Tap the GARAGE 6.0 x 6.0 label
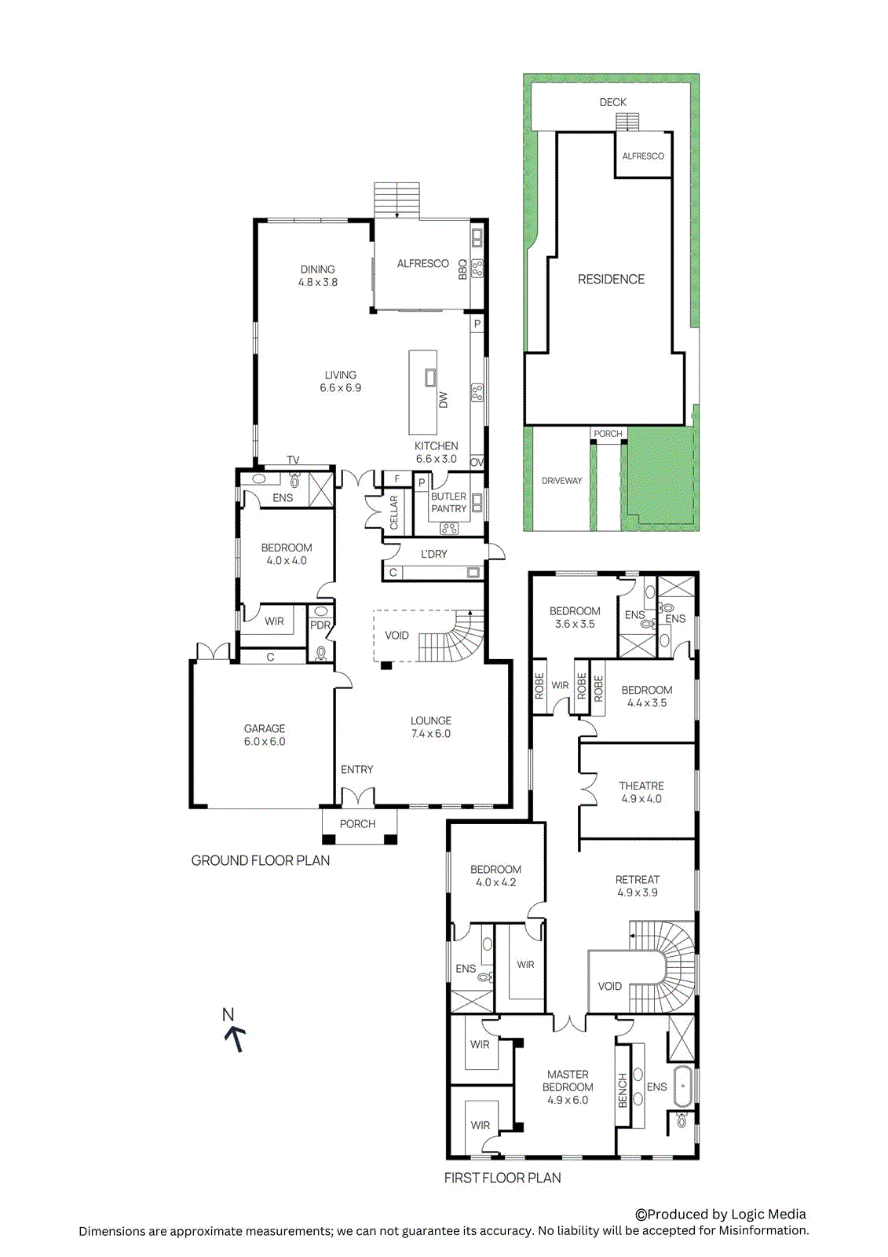coord(265,735)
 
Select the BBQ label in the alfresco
coord(462,269)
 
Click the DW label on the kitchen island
coord(443,399)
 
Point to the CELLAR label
coord(394,512)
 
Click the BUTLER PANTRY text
coord(448,503)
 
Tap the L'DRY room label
coord(433,554)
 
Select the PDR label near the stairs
coord(320,626)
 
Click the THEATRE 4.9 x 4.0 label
coord(641,792)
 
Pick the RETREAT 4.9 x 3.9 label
coord(638,886)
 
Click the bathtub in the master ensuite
coord(683,1087)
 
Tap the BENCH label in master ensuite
coord(623,1090)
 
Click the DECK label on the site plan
coord(612,102)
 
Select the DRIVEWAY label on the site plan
coord(561,481)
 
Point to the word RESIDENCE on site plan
coord(611,280)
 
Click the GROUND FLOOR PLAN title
coord(261,861)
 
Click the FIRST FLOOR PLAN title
coord(502,1178)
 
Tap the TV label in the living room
coord(293,460)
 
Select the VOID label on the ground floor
coord(396,636)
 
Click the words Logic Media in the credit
coord(768,1215)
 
